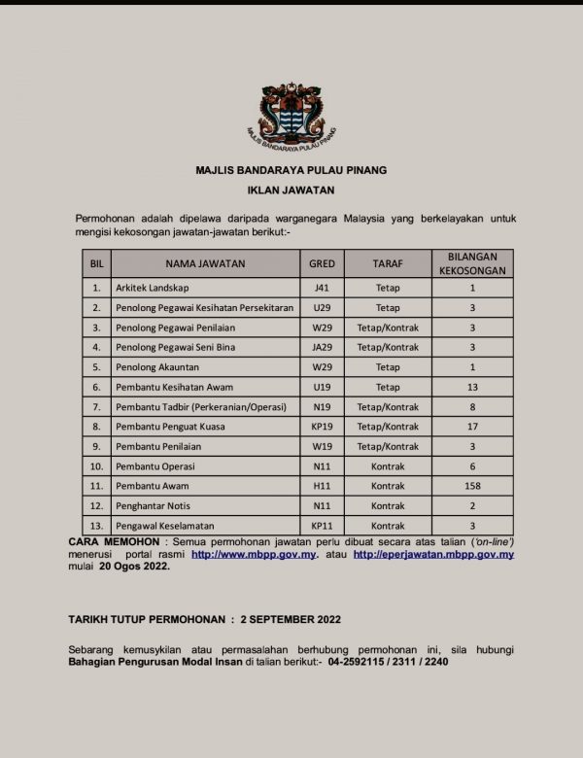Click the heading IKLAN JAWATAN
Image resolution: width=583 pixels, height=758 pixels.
click(x=291, y=190)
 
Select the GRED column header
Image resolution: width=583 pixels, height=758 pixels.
click(x=322, y=263)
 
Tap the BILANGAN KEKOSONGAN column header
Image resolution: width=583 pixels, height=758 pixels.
click(x=471, y=263)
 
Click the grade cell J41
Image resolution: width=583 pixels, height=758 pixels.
click(x=322, y=288)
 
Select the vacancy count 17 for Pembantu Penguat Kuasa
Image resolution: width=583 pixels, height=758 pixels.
click(x=471, y=426)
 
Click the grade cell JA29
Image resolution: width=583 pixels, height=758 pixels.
click(x=322, y=347)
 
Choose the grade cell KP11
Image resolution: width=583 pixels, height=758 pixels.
click(x=322, y=526)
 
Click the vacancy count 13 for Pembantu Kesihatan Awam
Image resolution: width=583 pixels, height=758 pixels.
click(x=471, y=386)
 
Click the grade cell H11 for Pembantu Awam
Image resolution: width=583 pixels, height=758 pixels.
click(x=322, y=485)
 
